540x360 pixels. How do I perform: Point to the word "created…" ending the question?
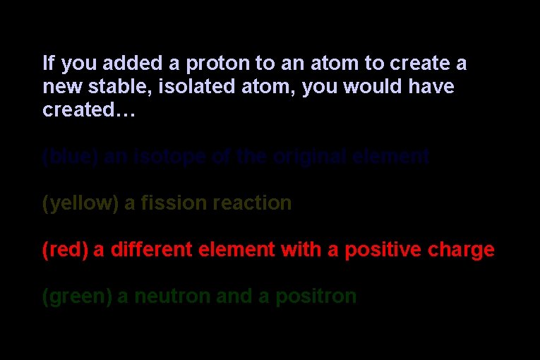click(88, 111)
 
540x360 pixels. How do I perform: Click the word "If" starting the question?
click(48, 64)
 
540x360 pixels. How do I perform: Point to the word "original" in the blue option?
click(311, 157)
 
